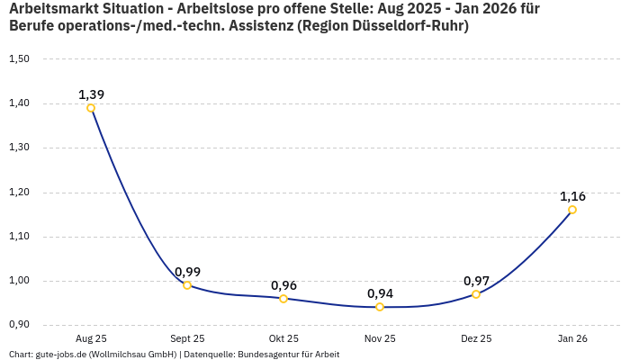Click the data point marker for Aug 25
[x=91, y=108]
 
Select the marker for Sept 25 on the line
[x=187, y=285]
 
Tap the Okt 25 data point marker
[x=283, y=299]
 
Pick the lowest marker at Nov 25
[x=380, y=307]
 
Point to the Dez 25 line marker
[x=476, y=294]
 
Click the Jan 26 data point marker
[x=572, y=210]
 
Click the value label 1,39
[x=91, y=94]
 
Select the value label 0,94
[x=380, y=293]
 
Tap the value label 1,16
[x=572, y=196]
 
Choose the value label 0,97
[x=476, y=281]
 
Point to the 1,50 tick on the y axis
[x=19, y=59]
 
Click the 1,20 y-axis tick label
[x=19, y=193]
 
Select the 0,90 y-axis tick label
[x=19, y=325]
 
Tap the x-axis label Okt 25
[x=283, y=338]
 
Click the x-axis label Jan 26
[x=572, y=338]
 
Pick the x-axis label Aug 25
[x=91, y=338]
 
